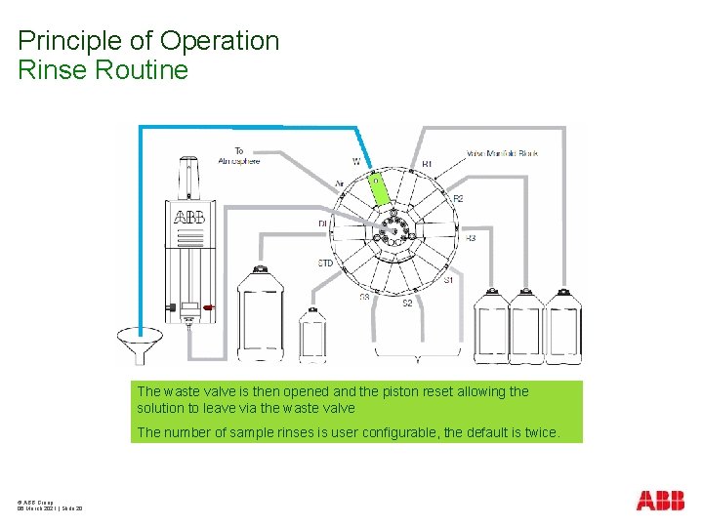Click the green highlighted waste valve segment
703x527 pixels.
[377, 189]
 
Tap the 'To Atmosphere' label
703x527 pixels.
[239, 156]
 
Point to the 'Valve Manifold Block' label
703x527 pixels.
[502, 153]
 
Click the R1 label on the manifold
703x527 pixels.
[427, 163]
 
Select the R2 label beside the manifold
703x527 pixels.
[458, 199]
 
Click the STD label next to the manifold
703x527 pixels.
[325, 263]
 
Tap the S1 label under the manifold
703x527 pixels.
[448, 280]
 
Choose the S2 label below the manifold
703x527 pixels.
[408, 304]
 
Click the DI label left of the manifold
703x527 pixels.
[322, 223]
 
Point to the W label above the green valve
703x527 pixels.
[355, 161]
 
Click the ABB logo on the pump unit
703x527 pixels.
[189, 217]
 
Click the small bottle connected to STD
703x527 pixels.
[312, 335]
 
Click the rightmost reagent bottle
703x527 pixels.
[562, 327]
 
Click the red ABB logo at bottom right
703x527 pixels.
[660, 501]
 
